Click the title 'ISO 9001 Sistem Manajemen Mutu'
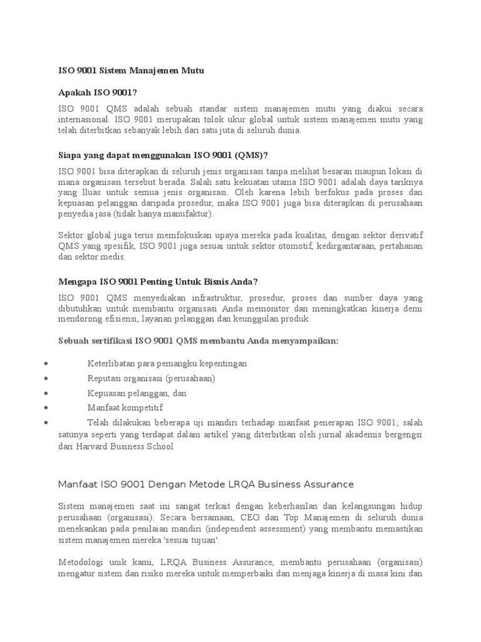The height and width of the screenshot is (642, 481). click(131, 71)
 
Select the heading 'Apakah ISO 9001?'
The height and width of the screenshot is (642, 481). click(97, 92)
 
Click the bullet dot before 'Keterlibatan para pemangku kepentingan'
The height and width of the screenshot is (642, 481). click(48, 364)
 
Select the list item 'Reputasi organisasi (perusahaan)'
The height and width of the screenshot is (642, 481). click(151, 379)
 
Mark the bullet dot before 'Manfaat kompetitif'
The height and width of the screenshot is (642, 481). click(48, 408)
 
